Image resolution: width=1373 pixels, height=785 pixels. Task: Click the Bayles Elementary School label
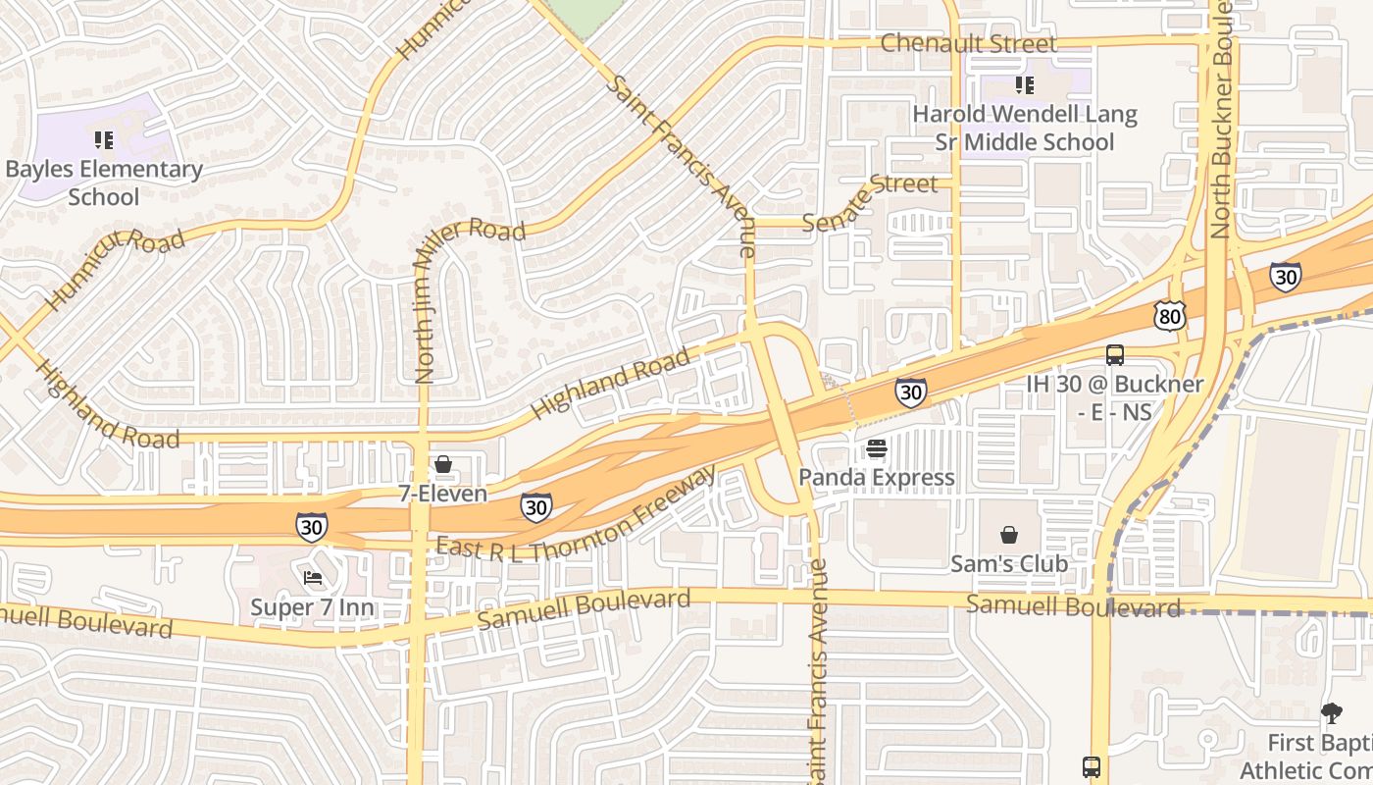point(104,183)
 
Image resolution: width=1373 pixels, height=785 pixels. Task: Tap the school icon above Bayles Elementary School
point(103,140)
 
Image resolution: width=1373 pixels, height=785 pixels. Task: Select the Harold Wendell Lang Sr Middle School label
point(1025,129)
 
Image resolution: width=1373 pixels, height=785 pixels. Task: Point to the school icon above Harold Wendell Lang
point(1025,85)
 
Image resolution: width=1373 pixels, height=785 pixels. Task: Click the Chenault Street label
point(969,43)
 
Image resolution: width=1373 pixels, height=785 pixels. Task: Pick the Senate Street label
point(870,201)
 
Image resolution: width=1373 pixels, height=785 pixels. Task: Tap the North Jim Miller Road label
point(425,299)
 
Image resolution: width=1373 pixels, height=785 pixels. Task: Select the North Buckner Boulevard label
point(1221,118)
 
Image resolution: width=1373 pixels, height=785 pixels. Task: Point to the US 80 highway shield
point(1169,315)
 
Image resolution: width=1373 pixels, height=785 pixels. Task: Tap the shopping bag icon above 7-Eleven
point(443,464)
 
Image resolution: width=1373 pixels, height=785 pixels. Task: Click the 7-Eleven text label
point(443,494)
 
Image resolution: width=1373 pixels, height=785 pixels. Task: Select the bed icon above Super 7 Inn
point(313,578)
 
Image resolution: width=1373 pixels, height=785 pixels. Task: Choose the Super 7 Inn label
point(313,607)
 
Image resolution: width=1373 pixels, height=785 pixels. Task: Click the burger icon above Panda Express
point(877,448)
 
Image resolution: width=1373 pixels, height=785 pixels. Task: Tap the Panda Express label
point(877,478)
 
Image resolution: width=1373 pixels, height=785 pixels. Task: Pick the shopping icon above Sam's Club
point(1009,535)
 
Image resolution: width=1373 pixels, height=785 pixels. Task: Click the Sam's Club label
point(1009,564)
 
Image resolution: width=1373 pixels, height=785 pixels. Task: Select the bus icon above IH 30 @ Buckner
point(1115,355)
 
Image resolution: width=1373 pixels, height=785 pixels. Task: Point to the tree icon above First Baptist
point(1331,713)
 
